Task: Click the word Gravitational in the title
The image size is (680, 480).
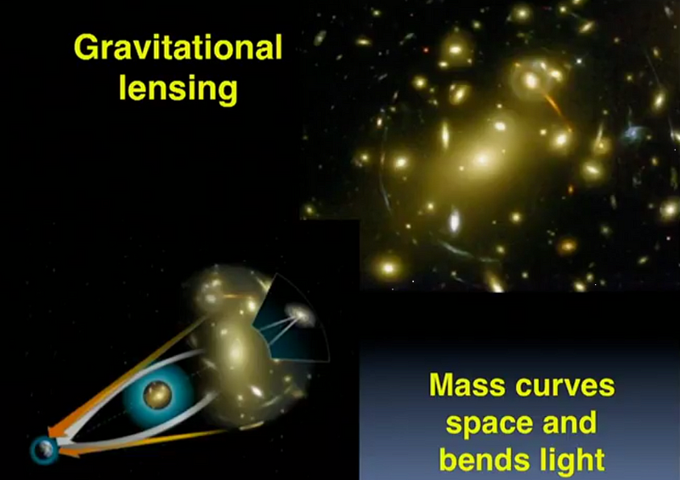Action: [178, 47]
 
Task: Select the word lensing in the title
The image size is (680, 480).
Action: [178, 89]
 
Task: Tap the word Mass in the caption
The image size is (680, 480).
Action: [467, 385]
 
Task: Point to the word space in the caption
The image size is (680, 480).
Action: [489, 424]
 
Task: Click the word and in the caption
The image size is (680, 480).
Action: [569, 422]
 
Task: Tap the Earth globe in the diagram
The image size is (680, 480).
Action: [44, 449]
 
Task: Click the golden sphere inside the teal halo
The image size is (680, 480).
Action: [157, 395]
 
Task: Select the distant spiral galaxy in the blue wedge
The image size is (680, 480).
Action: [300, 315]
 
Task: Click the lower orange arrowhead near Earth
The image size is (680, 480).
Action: [70, 452]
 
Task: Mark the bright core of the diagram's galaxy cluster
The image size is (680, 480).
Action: [236, 351]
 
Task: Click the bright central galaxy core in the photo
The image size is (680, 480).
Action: [482, 159]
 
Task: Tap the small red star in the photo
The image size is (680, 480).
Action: [426, 50]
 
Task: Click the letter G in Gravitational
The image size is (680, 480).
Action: [84, 47]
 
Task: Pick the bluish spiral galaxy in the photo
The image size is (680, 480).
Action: [633, 134]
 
